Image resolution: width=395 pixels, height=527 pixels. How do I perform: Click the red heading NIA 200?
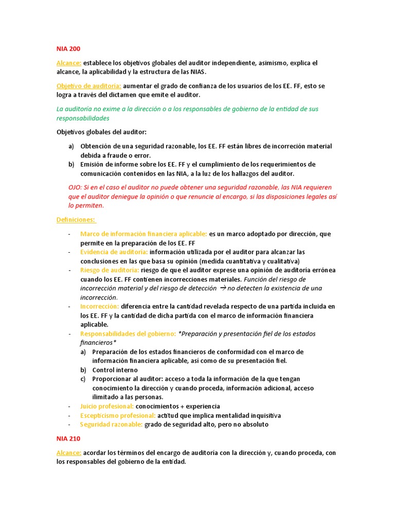tap(68, 49)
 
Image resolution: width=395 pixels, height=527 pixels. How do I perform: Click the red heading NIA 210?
tap(68, 439)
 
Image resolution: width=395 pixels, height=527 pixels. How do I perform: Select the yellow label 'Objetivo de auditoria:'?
tap(89, 86)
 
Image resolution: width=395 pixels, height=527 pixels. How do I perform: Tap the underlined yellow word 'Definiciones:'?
tap(76, 220)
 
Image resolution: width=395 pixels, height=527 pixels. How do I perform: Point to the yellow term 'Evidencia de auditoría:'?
tap(114, 252)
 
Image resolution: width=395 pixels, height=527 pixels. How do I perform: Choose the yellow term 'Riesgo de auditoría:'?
tap(110, 270)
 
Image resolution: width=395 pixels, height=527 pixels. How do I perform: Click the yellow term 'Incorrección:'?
tap(99, 306)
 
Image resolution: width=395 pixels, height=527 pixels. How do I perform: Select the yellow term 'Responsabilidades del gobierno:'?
tap(128, 333)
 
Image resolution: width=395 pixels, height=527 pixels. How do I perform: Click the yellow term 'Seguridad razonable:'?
tap(111, 425)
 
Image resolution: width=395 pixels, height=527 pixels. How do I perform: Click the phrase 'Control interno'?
tap(115, 370)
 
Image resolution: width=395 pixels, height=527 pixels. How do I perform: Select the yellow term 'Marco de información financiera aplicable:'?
tap(143, 234)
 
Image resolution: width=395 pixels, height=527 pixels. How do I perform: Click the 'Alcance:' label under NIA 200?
tap(69, 63)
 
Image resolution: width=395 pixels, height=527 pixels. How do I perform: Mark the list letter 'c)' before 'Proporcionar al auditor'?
tap(83, 379)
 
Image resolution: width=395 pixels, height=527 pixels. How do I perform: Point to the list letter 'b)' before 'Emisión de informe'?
tap(71, 165)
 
